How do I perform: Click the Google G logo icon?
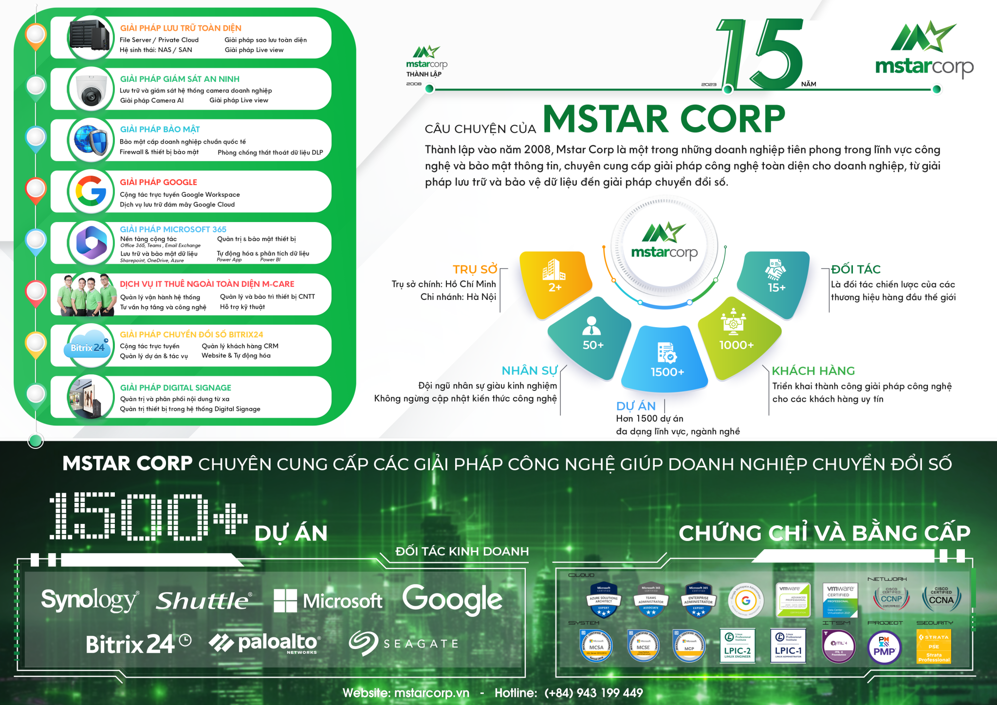pyautogui.click(x=91, y=191)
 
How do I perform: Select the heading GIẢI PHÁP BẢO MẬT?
pyautogui.click(x=160, y=129)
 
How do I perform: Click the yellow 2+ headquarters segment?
pyautogui.click(x=555, y=280)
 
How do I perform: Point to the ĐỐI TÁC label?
pyautogui.click(x=856, y=269)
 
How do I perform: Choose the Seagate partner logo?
pyautogui.click(x=404, y=644)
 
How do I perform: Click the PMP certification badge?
pyautogui.click(x=885, y=647)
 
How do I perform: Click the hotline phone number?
pyautogui.click(x=593, y=693)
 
